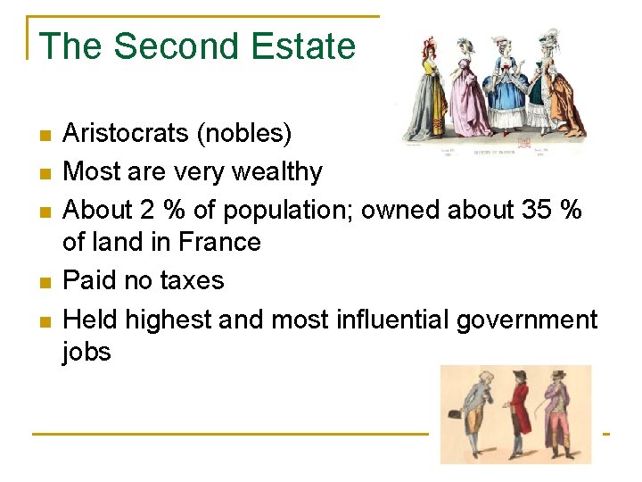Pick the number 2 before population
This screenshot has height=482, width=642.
149,209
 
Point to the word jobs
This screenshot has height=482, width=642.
86,352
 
